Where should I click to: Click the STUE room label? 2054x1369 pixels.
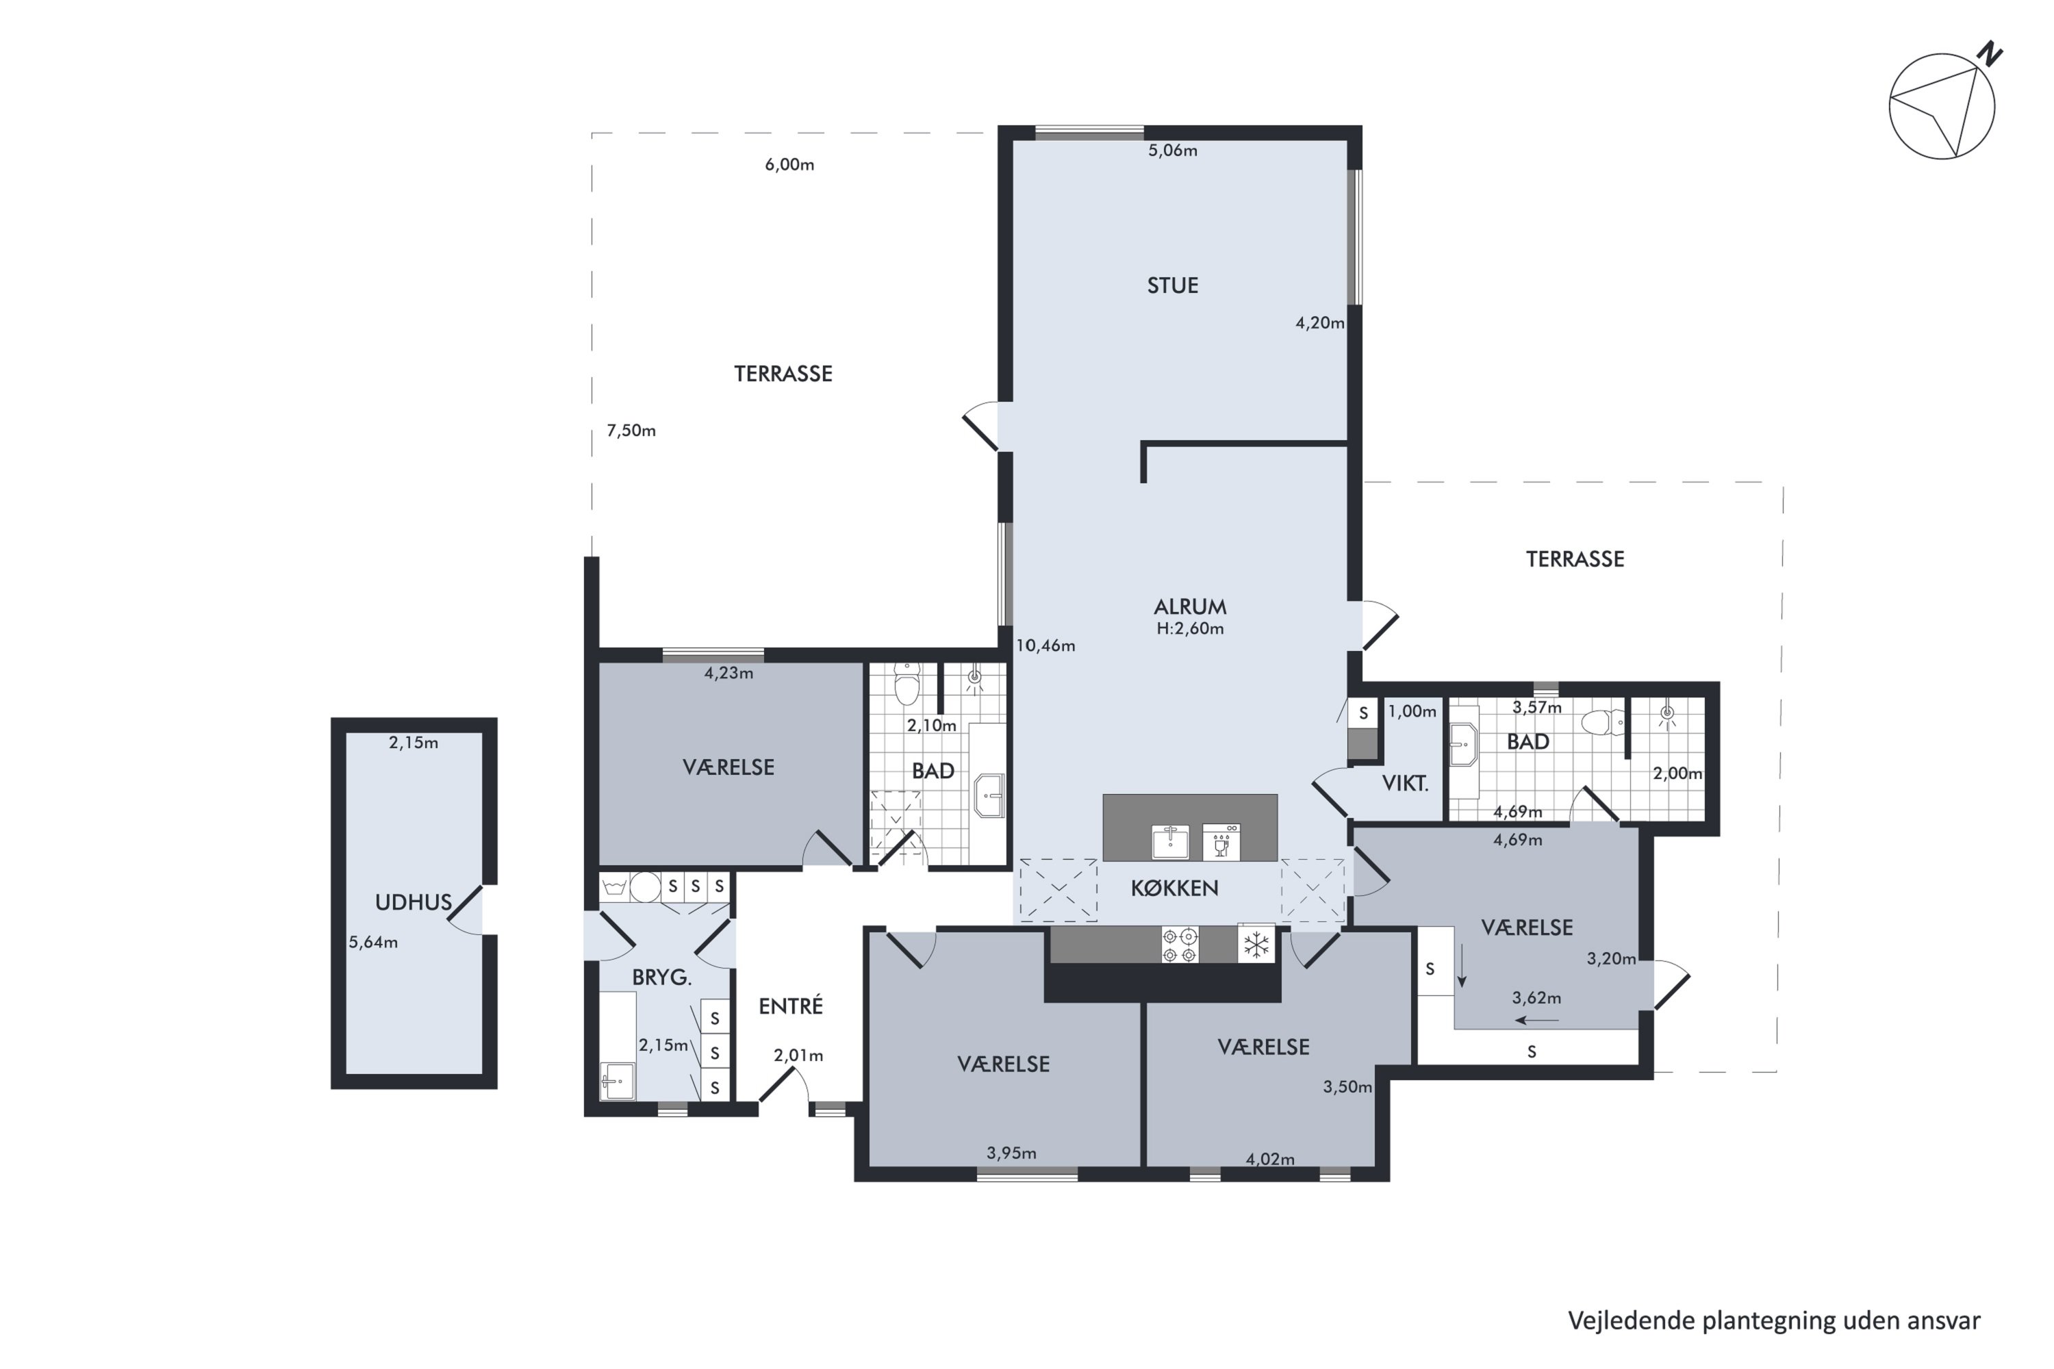1172,285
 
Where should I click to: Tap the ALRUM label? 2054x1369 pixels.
1189,606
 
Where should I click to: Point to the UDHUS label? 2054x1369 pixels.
413,903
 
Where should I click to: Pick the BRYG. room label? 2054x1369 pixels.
661,978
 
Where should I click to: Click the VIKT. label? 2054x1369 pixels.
1405,784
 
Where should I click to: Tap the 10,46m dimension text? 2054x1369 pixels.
1045,646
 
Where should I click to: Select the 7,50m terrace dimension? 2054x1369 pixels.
631,431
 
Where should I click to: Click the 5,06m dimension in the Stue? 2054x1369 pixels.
1172,150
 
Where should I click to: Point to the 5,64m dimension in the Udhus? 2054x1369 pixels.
373,943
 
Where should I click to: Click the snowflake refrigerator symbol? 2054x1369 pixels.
1256,945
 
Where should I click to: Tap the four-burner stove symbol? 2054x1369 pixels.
1180,945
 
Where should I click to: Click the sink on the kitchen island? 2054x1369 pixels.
1170,842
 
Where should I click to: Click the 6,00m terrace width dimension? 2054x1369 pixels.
789,165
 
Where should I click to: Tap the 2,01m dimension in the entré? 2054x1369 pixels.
798,1055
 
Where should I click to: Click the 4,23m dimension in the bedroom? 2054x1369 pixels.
728,673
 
